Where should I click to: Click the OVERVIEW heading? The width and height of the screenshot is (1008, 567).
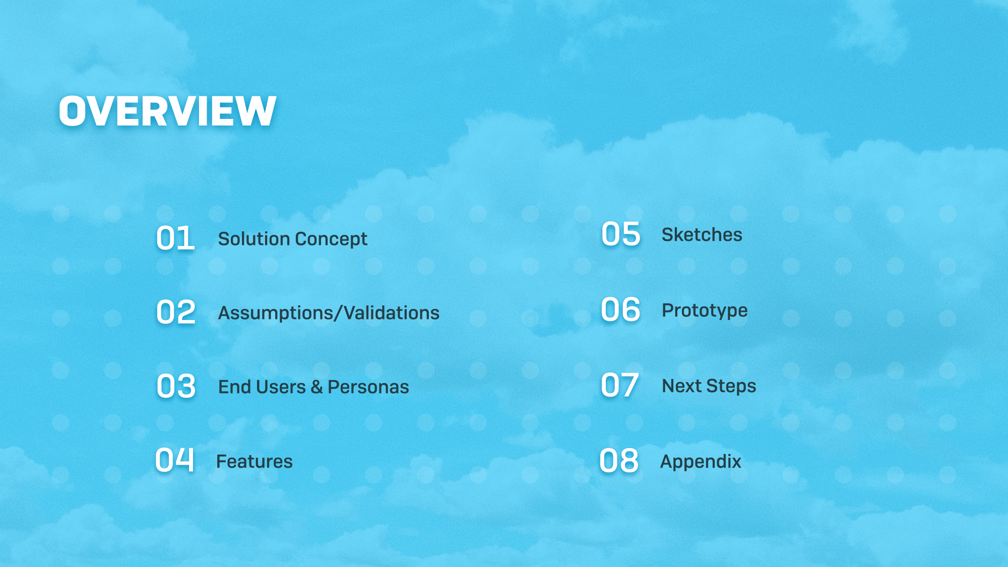[x=167, y=111]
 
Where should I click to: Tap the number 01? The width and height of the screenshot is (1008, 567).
[x=175, y=238]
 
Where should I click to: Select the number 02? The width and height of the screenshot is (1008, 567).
[x=176, y=312]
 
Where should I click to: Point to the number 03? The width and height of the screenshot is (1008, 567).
[x=176, y=387]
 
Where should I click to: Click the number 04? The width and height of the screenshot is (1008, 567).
[x=174, y=461]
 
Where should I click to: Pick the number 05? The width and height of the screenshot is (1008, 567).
[x=621, y=234]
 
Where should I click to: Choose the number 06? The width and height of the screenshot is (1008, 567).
[x=620, y=309]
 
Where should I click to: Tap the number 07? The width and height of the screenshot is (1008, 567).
[x=620, y=386]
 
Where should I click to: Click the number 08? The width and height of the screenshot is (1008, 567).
[x=619, y=461]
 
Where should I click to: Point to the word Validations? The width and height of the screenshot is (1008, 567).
[x=392, y=312]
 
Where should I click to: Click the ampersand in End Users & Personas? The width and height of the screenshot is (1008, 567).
[x=317, y=387]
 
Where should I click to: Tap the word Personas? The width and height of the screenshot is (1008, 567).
[x=368, y=387]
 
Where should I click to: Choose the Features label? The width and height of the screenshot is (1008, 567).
[x=255, y=461]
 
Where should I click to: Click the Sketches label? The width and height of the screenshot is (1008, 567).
[x=702, y=235]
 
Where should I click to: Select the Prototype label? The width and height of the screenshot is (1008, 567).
[x=705, y=311]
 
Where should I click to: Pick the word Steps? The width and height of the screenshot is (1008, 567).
[x=731, y=387]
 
